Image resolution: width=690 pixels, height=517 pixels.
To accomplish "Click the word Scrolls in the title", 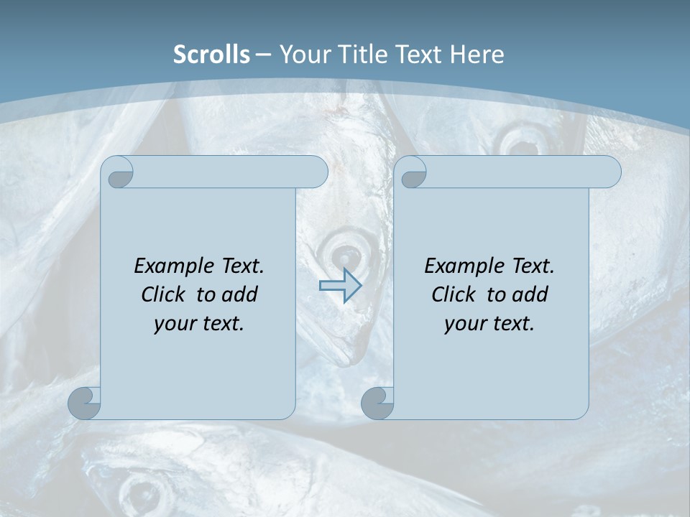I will coord(212,55).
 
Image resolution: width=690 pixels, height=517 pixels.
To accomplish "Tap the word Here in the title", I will coord(477,55).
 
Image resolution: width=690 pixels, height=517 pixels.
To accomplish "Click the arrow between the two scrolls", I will coord(340,286).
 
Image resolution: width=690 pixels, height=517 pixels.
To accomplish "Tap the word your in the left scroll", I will coord(173,324).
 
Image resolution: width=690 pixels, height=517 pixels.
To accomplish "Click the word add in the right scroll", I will coord(530,294).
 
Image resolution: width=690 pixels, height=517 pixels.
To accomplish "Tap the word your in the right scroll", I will coord(464,324).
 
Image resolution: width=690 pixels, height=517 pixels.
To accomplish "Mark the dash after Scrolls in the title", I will coord(263,55).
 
